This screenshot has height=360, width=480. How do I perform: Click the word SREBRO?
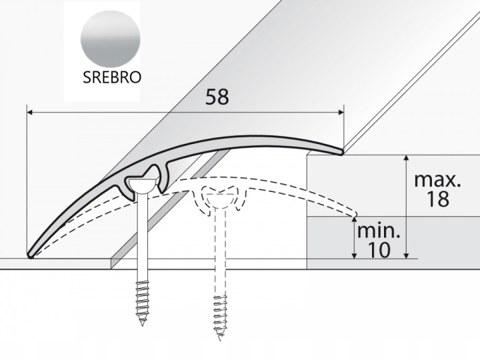coord(112,77)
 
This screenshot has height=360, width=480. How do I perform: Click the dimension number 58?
coord(217,97)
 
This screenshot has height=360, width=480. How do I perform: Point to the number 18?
coord(438,199)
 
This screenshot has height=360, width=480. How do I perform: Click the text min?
coord(379,231)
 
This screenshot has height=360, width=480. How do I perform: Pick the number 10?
coord(379,250)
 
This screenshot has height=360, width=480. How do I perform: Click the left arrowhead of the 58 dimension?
coord(30,113)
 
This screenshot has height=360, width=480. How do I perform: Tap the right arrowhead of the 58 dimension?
coord(341,113)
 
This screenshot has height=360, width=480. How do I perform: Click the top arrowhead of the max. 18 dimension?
coord(406,158)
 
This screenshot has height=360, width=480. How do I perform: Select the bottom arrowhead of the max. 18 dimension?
coord(406,255)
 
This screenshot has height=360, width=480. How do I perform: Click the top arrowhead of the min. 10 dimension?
coord(355,219)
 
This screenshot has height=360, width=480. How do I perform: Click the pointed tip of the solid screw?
coord(143,325)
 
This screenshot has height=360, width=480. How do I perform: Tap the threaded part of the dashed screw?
coord(220,317)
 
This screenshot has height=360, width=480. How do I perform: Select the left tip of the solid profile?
coord(30,255)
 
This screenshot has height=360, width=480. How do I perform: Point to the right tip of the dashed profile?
coord(355,214)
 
